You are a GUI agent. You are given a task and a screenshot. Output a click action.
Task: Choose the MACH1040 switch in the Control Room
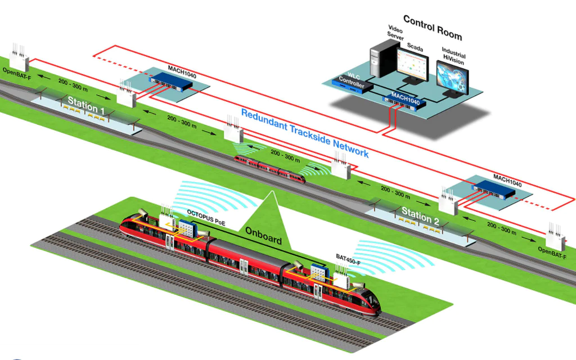406,101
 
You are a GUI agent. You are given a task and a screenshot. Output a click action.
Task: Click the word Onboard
263,238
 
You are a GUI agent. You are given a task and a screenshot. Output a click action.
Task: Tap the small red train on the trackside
270,169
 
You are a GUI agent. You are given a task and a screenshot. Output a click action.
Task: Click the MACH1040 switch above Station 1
170,81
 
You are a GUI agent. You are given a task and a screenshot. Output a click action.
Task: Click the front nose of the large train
373,304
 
